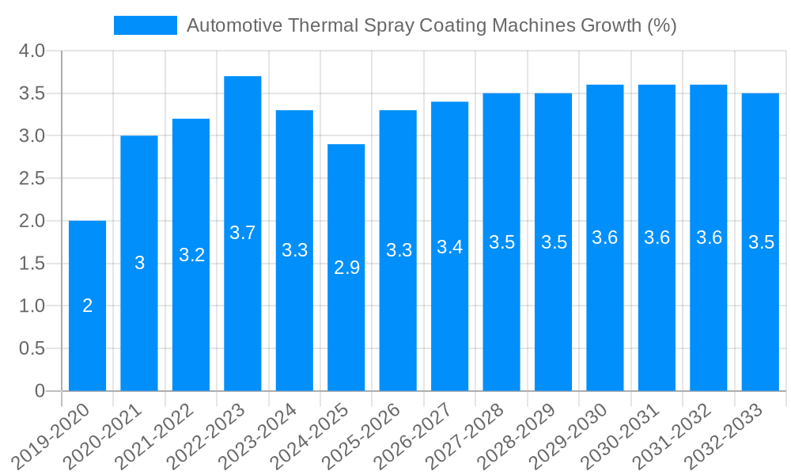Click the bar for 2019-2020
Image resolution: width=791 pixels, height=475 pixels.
click(x=87, y=332)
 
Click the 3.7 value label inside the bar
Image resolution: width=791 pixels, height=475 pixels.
click(x=243, y=233)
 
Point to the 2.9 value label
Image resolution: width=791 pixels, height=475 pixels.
click(x=346, y=268)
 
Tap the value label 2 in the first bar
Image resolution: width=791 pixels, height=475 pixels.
click(x=87, y=306)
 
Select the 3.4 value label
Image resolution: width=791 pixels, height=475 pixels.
click(x=450, y=247)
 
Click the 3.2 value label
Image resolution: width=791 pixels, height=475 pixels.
click(x=191, y=255)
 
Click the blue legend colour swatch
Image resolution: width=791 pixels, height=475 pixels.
click(x=146, y=25)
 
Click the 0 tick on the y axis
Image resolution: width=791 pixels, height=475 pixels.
click(x=40, y=391)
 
